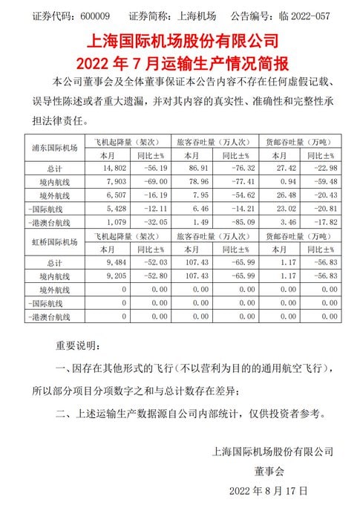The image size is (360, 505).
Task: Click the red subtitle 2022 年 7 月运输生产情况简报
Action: [x=180, y=58]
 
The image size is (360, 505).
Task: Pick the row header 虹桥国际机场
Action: [x=52, y=241]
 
